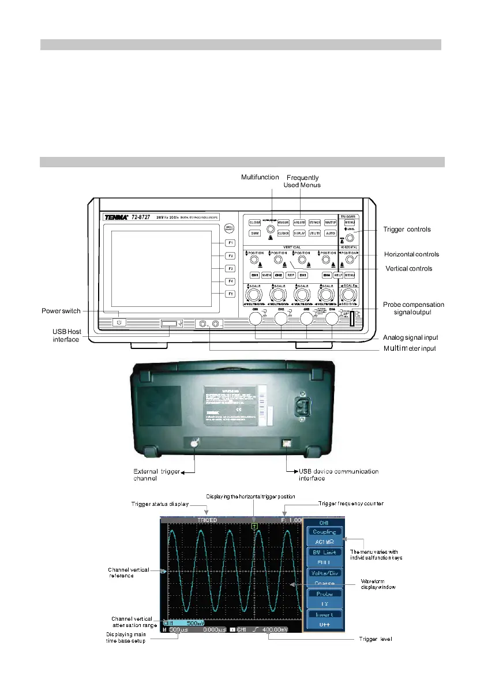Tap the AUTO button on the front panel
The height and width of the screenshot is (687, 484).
pos(331,234)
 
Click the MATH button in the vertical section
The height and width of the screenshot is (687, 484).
pos(267,276)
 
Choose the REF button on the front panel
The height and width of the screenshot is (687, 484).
pos(291,276)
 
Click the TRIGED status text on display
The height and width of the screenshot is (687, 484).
pos(208,520)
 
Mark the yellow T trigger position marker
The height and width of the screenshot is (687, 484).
pos(253,526)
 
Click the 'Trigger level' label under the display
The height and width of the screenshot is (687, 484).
pos(376,639)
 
